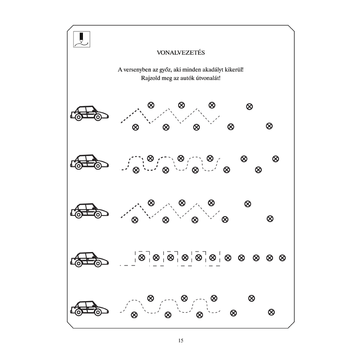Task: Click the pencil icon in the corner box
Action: [81, 37]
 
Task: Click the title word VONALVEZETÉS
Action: [181, 53]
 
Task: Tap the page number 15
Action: [181, 341]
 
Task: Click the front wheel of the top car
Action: [98, 117]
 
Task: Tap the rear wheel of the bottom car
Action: [78, 312]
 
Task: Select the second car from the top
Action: [89, 162]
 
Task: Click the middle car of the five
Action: [89, 211]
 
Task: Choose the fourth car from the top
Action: [89, 260]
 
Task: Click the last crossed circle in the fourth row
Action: [282, 258]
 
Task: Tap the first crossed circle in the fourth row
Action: [142, 257]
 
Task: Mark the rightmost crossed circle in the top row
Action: [269, 126]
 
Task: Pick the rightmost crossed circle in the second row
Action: [275, 159]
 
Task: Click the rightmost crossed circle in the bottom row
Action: [271, 312]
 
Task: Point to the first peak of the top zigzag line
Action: [138, 109]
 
